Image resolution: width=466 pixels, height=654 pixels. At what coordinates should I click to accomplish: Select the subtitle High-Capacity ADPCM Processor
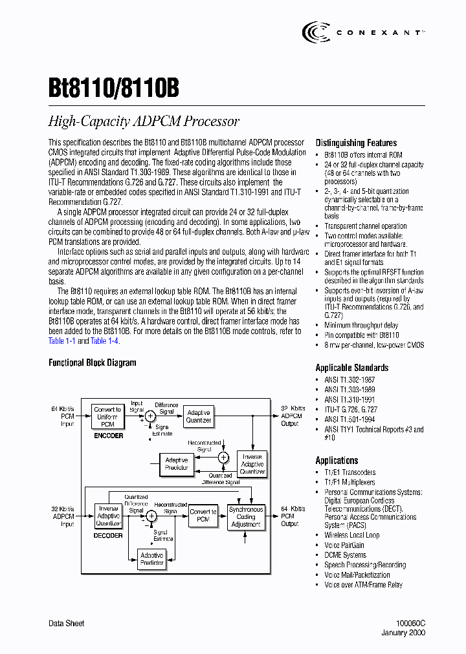tap(144, 121)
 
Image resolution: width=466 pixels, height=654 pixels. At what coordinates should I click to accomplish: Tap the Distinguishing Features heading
tap(356, 143)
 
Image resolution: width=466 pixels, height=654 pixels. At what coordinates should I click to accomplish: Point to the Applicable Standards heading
tap(352, 368)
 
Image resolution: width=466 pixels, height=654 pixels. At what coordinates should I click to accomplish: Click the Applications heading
tap(337, 460)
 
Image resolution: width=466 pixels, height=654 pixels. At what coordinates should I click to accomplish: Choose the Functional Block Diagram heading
tap(93, 363)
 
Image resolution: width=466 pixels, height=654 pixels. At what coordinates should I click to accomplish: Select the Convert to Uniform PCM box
tap(107, 417)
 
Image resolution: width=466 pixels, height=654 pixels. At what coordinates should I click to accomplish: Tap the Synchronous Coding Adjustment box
tap(246, 516)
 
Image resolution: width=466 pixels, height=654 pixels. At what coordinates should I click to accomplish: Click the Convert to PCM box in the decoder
tap(203, 516)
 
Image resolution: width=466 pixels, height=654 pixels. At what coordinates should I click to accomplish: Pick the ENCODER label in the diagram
tap(108, 436)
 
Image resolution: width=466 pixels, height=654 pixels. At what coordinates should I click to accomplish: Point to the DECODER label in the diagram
tap(108, 535)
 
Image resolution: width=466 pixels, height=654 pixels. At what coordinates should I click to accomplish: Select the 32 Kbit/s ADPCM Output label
tap(291, 416)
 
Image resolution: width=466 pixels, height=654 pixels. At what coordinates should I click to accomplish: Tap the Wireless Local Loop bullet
tap(352, 535)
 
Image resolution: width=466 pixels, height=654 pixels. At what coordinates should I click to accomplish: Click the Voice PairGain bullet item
tap(344, 545)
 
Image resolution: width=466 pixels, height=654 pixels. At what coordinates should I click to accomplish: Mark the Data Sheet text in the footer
tap(67, 624)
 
